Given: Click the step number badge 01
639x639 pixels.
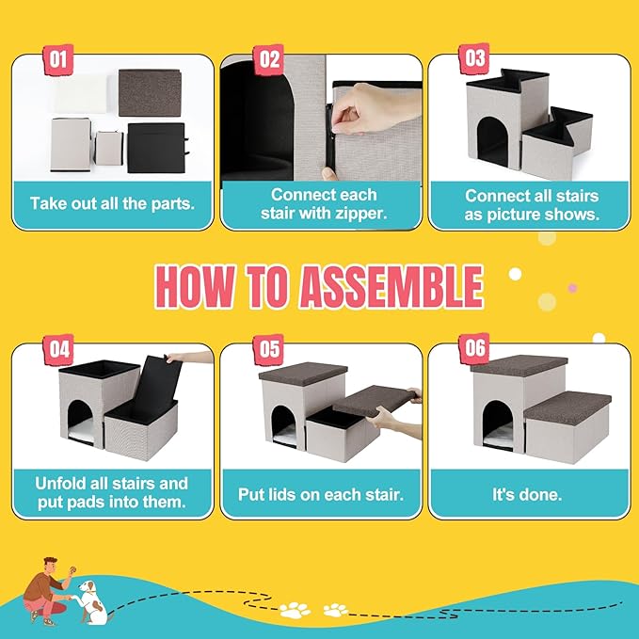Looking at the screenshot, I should coord(58,59).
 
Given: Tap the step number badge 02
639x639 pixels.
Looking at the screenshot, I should coord(270,59).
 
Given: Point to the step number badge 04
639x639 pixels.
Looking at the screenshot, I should coord(58,349).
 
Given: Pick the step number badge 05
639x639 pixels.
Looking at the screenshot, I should coord(270,349).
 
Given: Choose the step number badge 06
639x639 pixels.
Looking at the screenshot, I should coord(476,349).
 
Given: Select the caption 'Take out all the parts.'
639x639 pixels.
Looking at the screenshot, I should coord(112,202).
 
